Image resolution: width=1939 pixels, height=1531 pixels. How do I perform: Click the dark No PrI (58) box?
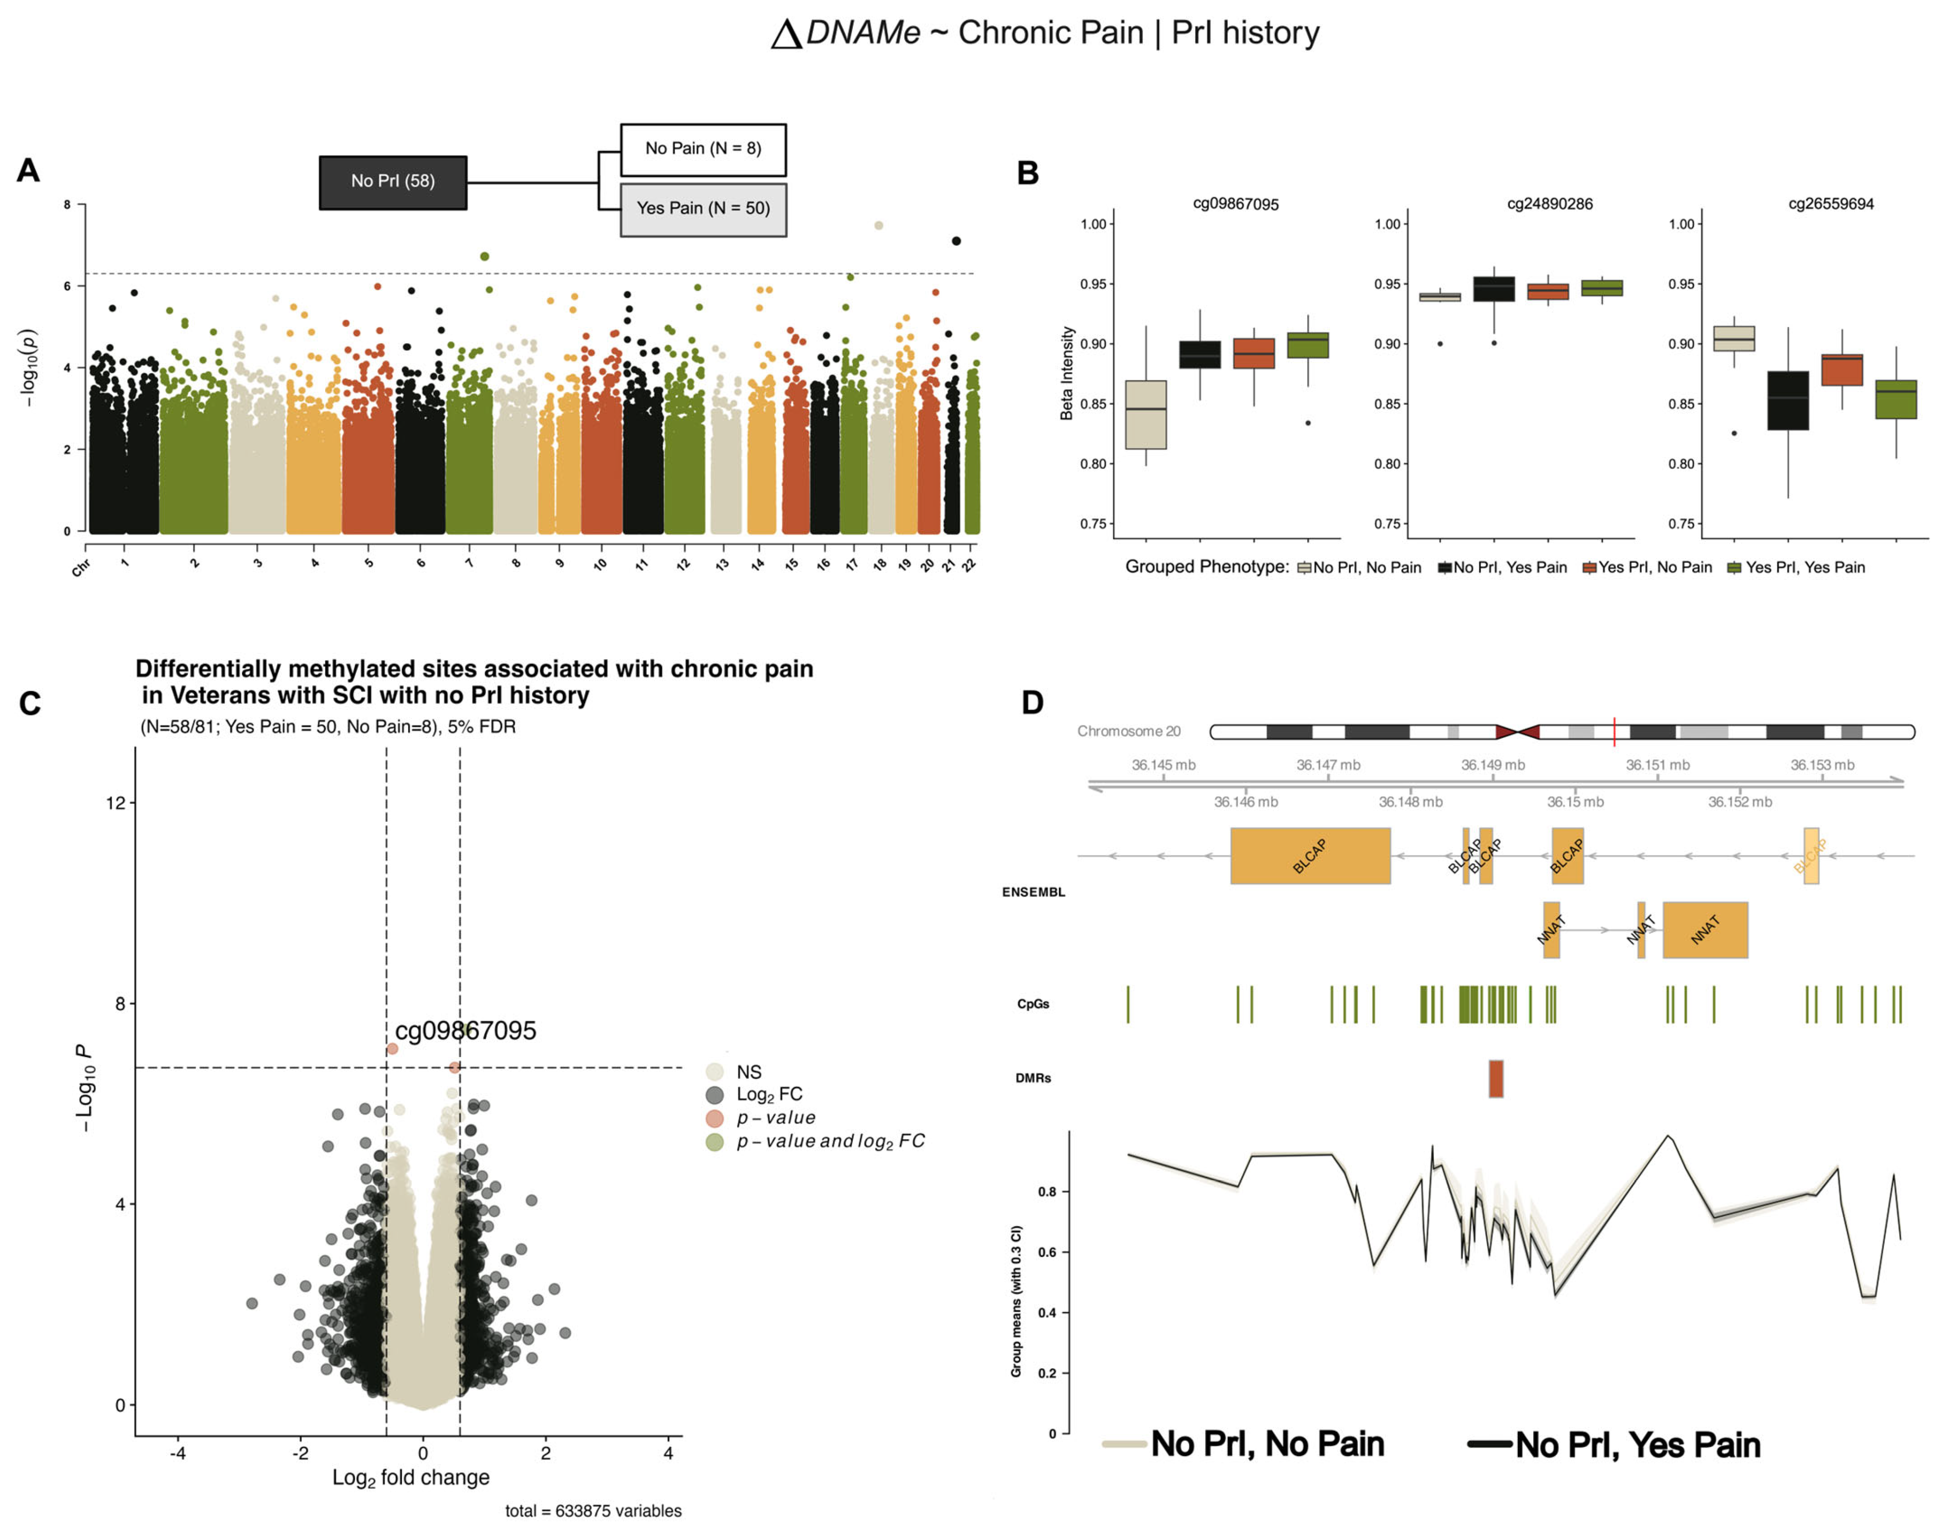[393, 182]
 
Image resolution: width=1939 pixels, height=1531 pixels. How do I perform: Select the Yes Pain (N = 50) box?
[703, 209]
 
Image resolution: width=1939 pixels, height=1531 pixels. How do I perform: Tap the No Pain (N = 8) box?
[703, 149]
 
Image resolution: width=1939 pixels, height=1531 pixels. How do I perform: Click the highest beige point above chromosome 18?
[879, 226]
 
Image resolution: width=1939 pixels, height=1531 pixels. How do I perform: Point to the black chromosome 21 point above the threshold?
[957, 241]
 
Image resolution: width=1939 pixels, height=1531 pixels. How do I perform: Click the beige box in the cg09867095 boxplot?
[1146, 414]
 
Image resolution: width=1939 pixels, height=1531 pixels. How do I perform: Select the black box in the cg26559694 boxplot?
[1788, 401]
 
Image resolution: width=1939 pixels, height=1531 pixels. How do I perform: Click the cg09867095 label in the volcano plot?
[465, 1031]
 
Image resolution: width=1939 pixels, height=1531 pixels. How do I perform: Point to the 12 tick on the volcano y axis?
[116, 803]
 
